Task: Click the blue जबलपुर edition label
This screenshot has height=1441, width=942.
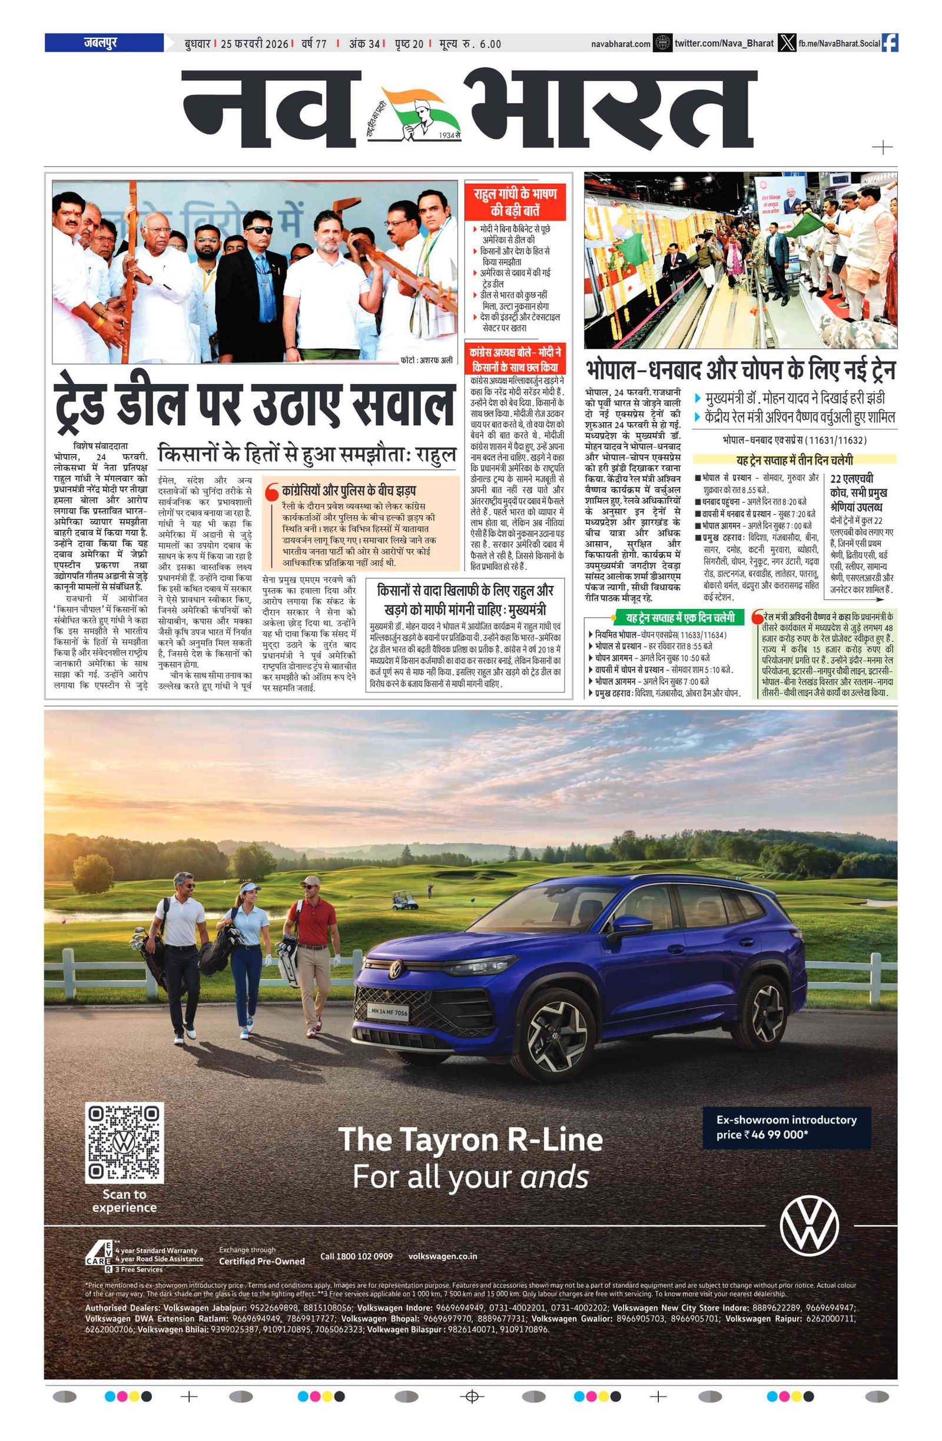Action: coord(104,43)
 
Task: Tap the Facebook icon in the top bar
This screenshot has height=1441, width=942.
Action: coord(890,43)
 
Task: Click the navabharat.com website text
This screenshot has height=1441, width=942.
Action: coord(621,44)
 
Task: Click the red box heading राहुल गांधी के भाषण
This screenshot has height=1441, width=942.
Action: coord(515,201)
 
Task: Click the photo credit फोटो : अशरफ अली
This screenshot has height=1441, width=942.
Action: coord(426,360)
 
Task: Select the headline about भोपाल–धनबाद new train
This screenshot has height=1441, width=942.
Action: coord(740,369)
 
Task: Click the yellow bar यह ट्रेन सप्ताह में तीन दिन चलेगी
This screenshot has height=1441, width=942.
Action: coord(794,459)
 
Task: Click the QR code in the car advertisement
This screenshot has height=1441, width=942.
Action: coord(124,1142)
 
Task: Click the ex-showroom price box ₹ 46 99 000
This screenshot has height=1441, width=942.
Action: coord(786,1127)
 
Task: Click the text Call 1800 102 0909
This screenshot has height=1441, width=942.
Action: coord(356,1256)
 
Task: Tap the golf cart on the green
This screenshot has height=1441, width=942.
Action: coord(405,900)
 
